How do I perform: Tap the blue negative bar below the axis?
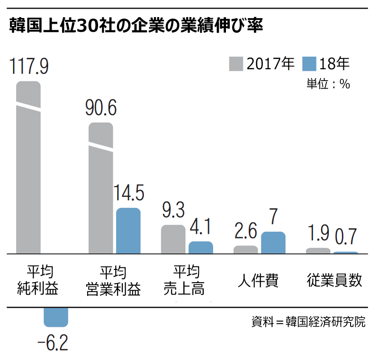point(56,317)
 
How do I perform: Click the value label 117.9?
point(28,66)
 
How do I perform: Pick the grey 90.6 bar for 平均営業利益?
point(101,190)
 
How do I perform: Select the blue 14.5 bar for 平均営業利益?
point(128,231)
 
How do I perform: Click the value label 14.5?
point(128,194)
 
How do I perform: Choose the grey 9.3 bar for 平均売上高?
point(173,240)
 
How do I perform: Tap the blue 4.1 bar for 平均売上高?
point(201,248)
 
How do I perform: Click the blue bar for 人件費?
point(273,243)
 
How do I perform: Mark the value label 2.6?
point(245,232)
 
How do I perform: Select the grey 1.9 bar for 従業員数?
point(318,251)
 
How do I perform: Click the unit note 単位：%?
point(328,84)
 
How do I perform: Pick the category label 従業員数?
point(334,281)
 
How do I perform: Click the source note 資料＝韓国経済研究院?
point(308,322)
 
